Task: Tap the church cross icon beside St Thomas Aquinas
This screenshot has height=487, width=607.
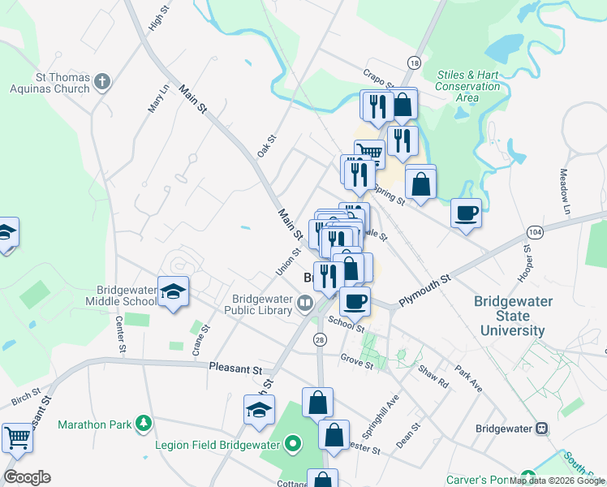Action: [x=101, y=81]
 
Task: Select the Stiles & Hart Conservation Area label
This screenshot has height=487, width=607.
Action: [x=468, y=86]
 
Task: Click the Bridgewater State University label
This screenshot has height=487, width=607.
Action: [x=513, y=316]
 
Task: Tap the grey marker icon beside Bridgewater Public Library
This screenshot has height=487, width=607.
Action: [x=305, y=304]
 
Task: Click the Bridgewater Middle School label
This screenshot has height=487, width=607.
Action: [x=127, y=295]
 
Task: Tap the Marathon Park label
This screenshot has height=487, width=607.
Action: [x=94, y=424]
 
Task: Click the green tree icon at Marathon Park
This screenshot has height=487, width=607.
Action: [x=143, y=423]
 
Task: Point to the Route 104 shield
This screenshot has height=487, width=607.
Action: [x=533, y=231]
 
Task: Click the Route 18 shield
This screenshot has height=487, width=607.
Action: [x=415, y=63]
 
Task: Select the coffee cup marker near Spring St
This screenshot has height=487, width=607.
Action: [x=466, y=213]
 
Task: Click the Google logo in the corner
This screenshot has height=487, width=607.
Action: [x=27, y=477]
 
